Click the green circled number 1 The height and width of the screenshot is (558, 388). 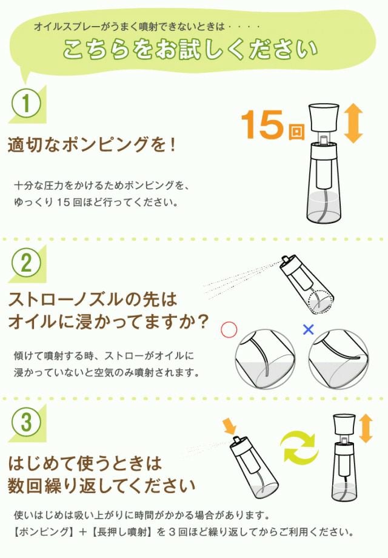[26, 104]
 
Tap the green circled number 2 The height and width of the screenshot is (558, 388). [26, 263]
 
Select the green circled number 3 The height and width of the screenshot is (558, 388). [26, 422]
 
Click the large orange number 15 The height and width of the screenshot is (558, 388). [262, 124]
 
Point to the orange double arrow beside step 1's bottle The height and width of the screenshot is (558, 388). [353, 124]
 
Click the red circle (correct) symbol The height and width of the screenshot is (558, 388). [229, 330]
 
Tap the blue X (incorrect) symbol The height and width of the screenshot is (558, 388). [309, 329]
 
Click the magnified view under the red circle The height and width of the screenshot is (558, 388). [266, 359]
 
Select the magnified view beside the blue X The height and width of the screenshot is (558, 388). [338, 359]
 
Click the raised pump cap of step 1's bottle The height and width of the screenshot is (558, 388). [323, 118]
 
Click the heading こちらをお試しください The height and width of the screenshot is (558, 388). [190, 49]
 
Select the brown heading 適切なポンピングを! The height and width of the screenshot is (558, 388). [92, 144]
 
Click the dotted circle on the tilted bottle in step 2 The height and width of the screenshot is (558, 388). [321, 303]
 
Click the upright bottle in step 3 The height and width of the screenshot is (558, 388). [344, 458]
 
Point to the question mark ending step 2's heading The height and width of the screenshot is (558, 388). [201, 321]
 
